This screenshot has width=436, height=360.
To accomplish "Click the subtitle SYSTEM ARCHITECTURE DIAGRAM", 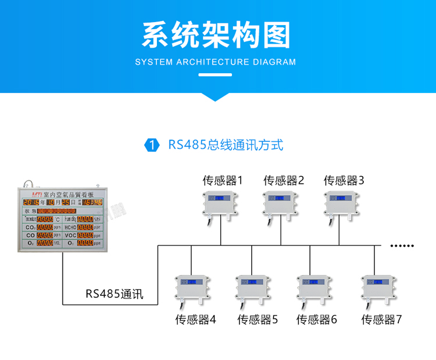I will tap(216, 62).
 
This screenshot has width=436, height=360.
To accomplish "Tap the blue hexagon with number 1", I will tap(151, 145).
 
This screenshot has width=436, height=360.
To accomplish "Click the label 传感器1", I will tap(222, 180).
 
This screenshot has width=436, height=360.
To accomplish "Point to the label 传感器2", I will tap(284, 180).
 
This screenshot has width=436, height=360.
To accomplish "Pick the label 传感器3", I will tap(344, 180).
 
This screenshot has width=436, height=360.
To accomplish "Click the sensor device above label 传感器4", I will tap(192, 288).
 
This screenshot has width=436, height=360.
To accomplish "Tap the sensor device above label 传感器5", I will tap(253, 288).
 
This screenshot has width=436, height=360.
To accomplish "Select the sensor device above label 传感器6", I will tap(315, 288).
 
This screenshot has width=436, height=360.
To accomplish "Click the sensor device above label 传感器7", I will tap(379, 288).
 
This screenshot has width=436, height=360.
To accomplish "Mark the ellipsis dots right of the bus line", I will tap(401, 245).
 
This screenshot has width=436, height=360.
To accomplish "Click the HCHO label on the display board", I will tap(70, 227).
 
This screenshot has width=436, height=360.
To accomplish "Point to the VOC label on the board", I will tap(70, 235).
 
